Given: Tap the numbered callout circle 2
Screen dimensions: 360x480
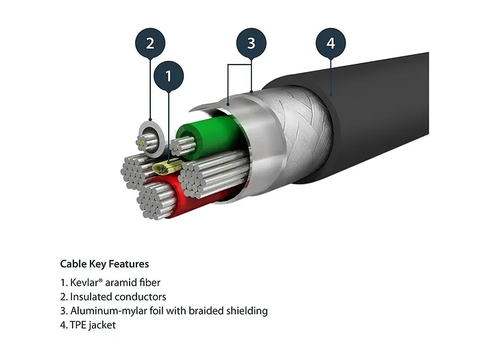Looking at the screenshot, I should [150, 43].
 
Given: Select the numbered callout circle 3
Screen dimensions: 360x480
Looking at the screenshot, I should [251, 43].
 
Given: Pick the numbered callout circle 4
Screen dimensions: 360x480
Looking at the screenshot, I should [331, 43].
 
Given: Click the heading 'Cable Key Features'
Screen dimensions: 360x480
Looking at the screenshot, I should [104, 264].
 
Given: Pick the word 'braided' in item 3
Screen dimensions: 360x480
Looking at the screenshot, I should [207, 311].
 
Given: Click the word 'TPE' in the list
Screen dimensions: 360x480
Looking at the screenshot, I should [77, 326].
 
